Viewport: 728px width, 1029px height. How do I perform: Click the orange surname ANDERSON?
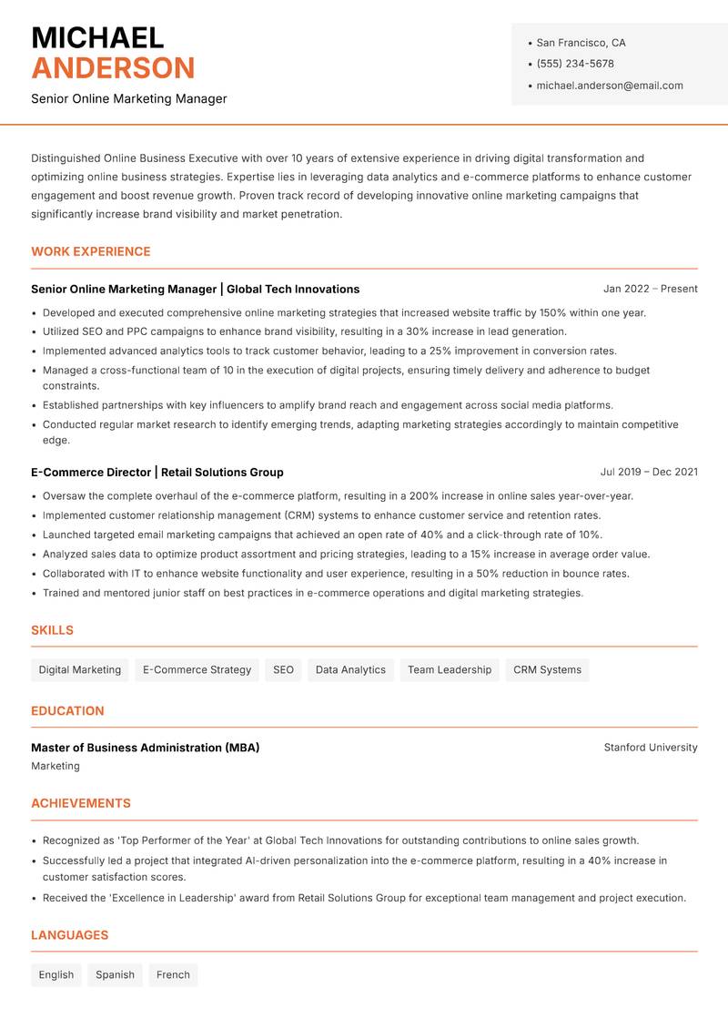coord(113,68)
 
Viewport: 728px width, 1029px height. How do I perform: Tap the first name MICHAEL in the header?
coord(97,38)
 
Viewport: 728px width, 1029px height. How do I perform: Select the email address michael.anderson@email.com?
coord(609,86)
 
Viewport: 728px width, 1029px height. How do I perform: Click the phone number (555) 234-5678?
coord(574,64)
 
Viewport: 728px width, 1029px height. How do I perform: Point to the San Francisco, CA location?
coord(581,43)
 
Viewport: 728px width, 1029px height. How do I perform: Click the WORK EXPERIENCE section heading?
coord(91,251)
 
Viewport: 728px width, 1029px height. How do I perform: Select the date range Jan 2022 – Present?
coord(650,289)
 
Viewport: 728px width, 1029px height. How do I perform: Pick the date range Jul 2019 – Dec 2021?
coord(649,472)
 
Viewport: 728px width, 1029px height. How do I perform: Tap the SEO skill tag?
coord(283,670)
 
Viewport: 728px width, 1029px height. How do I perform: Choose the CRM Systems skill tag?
coord(547,670)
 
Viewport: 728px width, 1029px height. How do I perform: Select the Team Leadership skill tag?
coord(449,670)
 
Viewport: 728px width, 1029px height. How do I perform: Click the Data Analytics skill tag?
coord(350,670)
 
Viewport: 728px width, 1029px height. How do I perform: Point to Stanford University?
coord(650,748)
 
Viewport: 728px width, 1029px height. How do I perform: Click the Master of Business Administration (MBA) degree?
coord(145,748)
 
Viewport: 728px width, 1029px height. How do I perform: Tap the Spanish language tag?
coord(115,975)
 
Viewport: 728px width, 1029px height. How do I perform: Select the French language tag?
coord(173,975)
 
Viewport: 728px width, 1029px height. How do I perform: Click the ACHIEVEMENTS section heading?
coord(81,803)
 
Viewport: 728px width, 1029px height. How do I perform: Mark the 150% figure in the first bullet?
coord(552,312)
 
